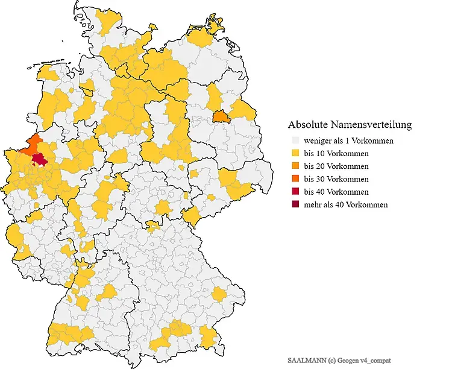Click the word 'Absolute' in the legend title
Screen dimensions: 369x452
307,125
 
